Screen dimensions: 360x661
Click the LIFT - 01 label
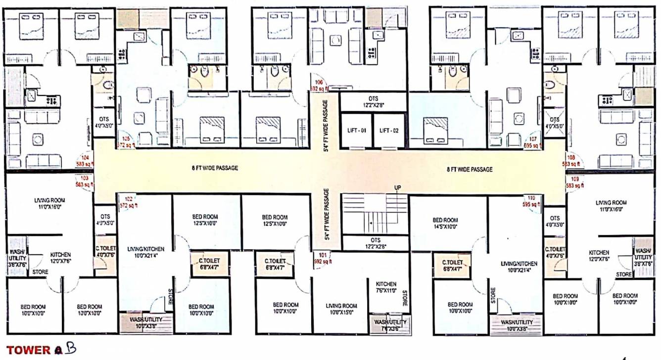(x=356, y=131)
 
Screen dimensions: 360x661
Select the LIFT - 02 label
(x=389, y=131)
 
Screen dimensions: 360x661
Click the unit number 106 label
(x=318, y=83)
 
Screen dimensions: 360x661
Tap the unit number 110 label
(x=531, y=198)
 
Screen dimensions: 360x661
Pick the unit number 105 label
(x=127, y=139)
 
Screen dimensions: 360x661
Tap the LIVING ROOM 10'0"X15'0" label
(x=341, y=309)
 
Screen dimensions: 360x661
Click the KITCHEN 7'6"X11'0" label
(x=386, y=287)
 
